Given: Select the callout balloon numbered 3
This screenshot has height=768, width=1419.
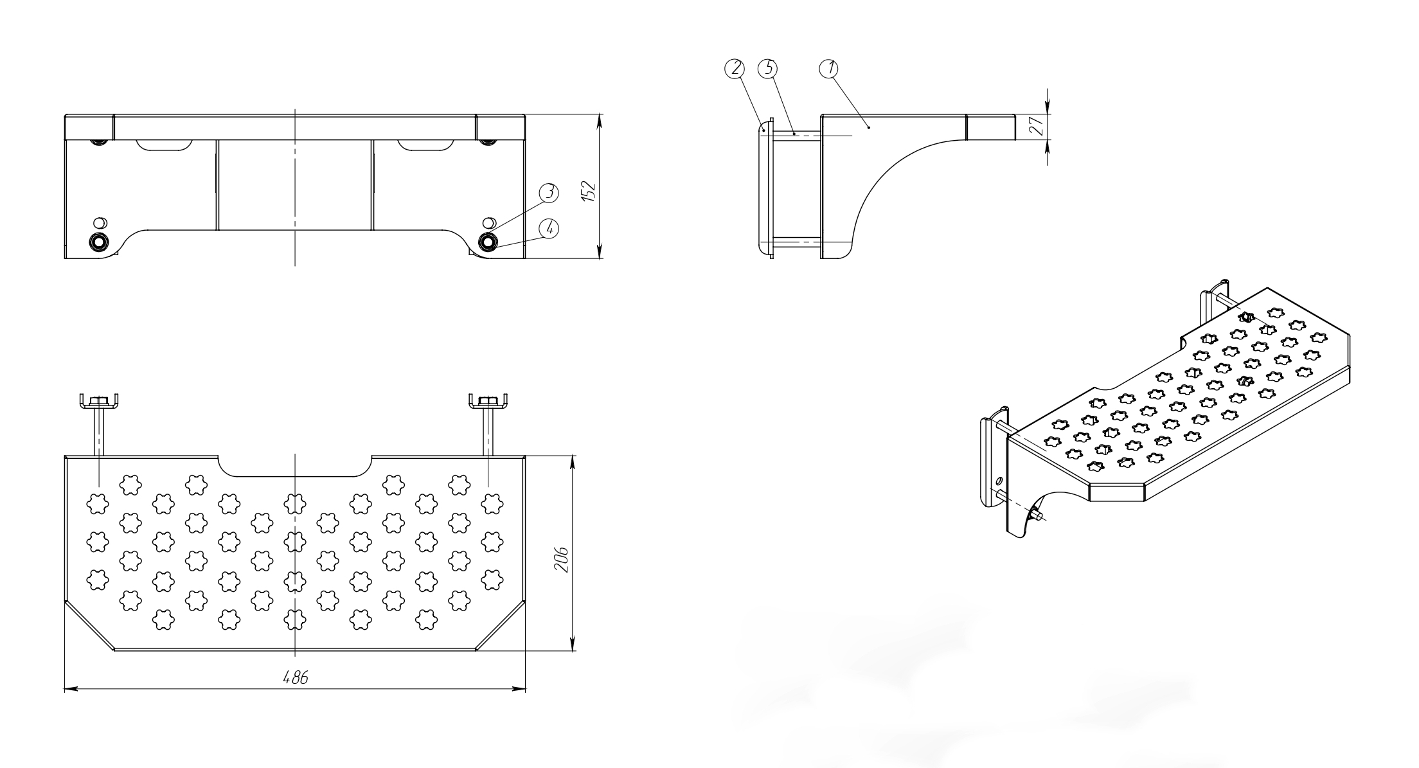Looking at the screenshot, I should point(549,191).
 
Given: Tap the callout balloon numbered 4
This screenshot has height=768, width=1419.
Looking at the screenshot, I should point(549,228).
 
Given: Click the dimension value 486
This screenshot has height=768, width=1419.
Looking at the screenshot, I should point(296,678).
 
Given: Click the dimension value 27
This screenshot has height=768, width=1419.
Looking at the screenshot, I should point(1035,127).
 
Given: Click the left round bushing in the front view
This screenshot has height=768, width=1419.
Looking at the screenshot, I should point(99,242).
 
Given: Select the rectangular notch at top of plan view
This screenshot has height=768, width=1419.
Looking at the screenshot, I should point(296,465).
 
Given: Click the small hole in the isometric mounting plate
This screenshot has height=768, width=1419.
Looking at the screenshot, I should point(999,481).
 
